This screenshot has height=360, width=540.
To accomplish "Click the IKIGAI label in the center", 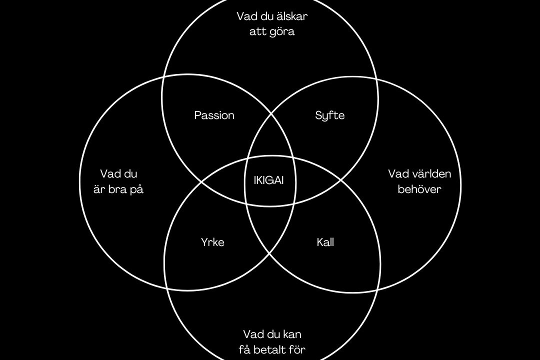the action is click(x=268, y=180).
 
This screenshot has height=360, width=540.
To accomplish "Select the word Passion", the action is click(x=214, y=115).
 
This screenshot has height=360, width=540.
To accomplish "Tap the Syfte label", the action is click(x=330, y=115).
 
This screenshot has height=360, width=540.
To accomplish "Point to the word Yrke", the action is click(x=212, y=242).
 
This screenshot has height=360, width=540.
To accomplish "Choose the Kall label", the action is click(x=325, y=242).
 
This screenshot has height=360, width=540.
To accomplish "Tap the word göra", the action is click(x=282, y=32).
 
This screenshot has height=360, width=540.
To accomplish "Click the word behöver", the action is click(x=419, y=189).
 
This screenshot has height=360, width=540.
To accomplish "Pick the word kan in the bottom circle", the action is click(x=292, y=334).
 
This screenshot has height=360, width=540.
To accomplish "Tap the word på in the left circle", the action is click(x=136, y=189).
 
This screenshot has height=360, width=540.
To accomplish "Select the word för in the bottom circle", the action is click(x=297, y=350).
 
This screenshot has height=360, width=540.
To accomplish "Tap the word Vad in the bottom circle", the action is click(x=251, y=334).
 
